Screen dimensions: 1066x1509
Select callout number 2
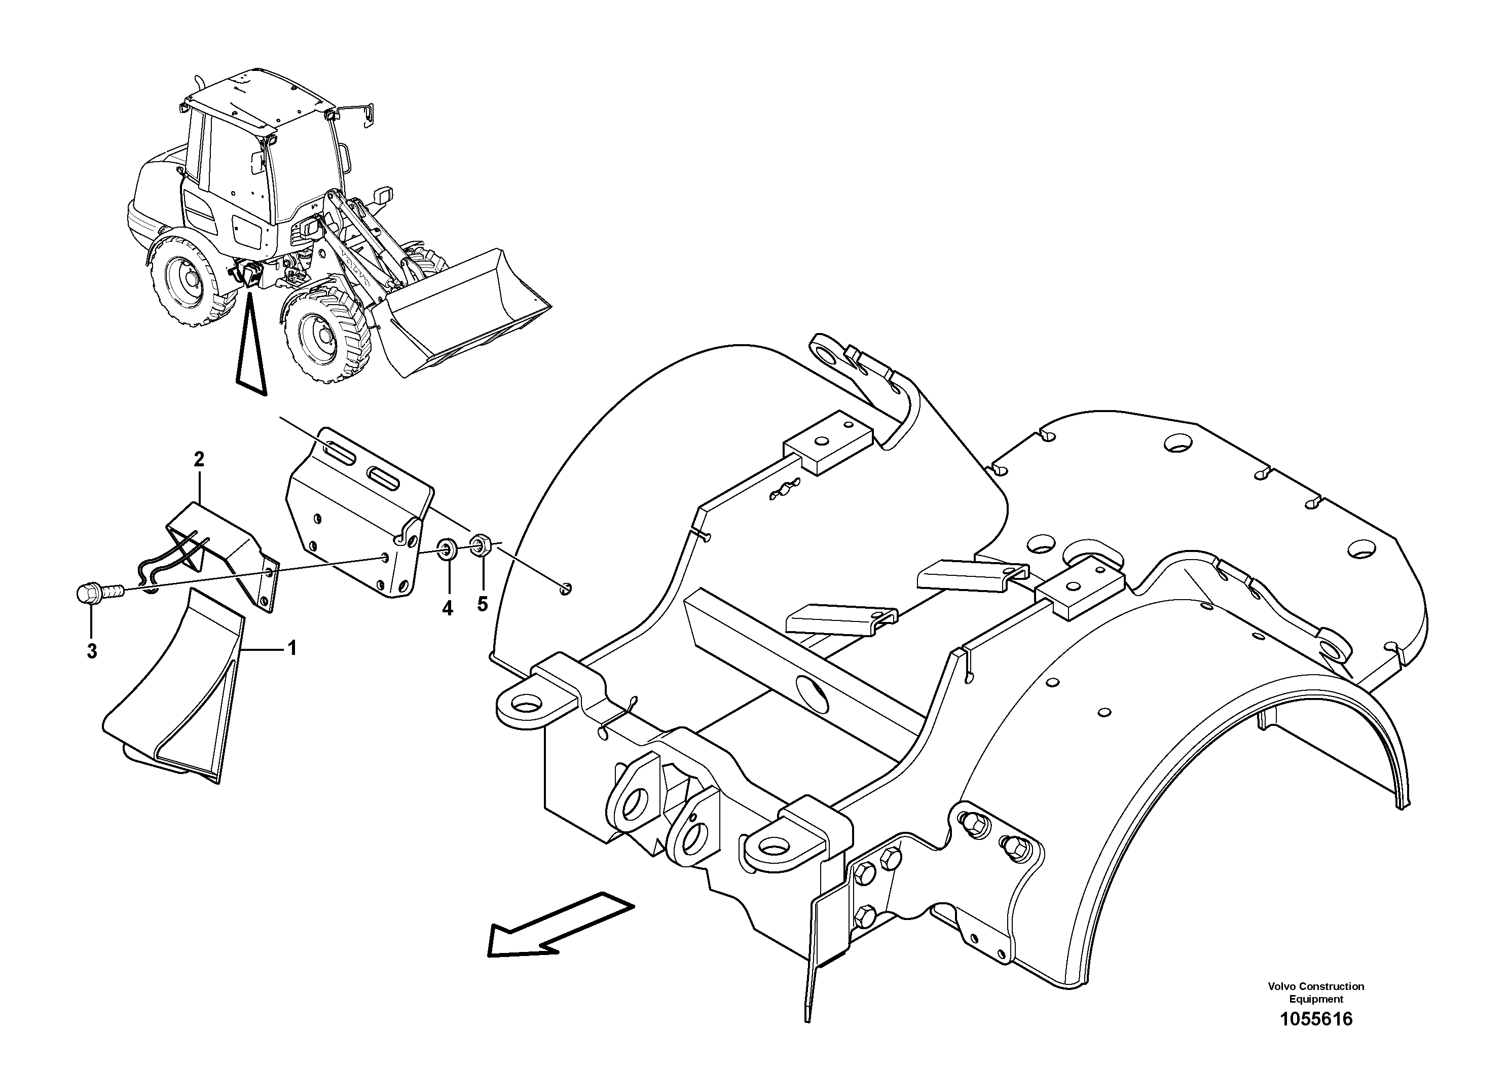coord(199,459)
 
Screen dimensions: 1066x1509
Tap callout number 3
coord(92,651)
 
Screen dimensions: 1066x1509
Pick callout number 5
coord(483,603)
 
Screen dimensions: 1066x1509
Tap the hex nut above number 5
coord(481,545)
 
